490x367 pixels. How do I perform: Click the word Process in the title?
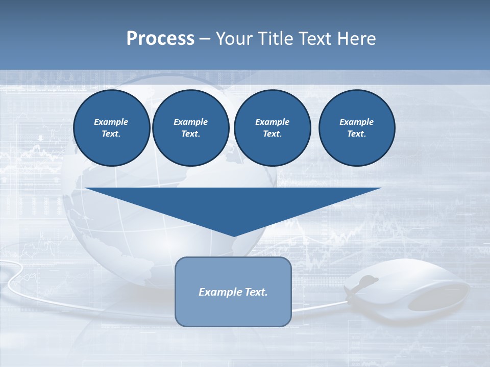click(160, 39)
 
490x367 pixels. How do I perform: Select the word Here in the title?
click(357, 39)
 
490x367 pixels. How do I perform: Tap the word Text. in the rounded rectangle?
click(255, 292)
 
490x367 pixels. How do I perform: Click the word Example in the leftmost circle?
click(111, 122)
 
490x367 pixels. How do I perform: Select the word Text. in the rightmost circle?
click(356, 134)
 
